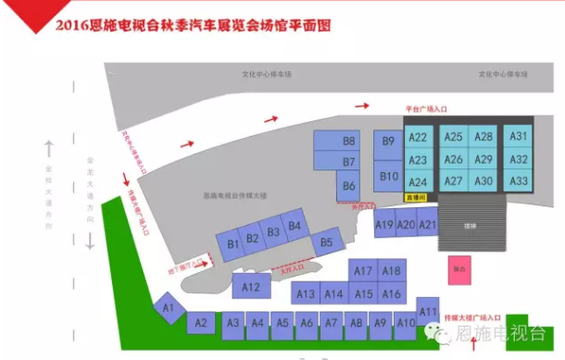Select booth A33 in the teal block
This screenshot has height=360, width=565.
coord(519,180)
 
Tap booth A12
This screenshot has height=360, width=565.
coord(250,288)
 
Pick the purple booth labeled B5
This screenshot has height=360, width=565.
coord(326,243)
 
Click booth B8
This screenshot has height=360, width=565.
coord(349,142)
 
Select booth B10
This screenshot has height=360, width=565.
coord(389,176)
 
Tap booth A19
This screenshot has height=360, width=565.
coord(384,224)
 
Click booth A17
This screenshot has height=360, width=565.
coord(363,271)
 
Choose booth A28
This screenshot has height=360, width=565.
coord(483,137)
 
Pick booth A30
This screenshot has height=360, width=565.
coord(483,181)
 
